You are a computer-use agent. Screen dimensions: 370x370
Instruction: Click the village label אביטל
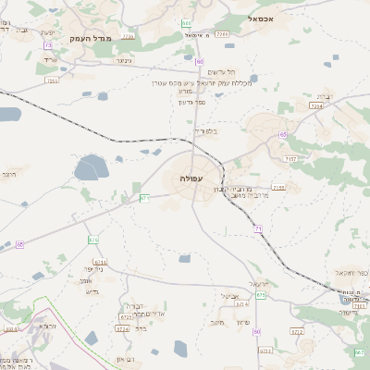point(229,295)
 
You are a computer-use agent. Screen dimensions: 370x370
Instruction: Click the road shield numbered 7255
point(52,80)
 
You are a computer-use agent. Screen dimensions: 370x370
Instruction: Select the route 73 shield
point(47,45)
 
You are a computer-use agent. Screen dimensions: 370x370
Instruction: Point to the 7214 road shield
point(316,106)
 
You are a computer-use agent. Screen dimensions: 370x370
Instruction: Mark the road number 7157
point(290,159)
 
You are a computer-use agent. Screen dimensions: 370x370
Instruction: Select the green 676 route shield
point(93,240)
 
